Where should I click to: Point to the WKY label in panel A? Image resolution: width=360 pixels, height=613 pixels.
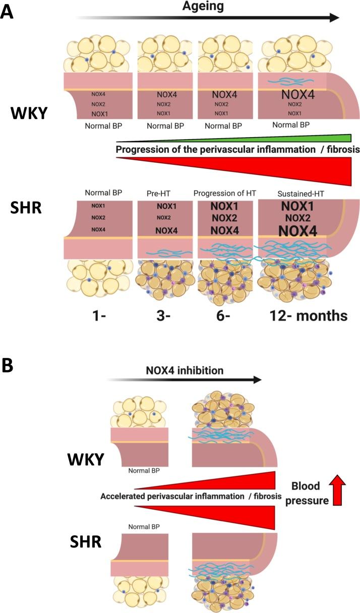point(30,113)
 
